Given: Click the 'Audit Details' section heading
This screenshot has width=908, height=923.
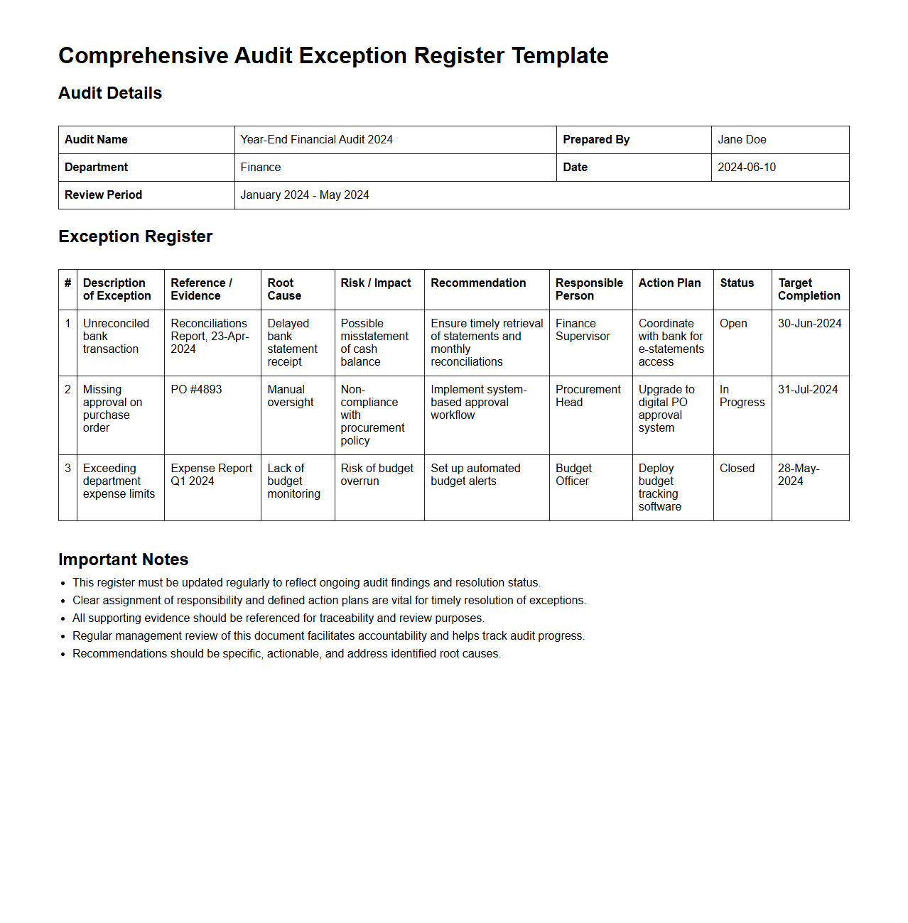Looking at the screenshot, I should click(x=110, y=93).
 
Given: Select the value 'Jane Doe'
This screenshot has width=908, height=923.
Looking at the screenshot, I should click(x=742, y=140).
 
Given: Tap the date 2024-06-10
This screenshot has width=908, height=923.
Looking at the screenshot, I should click(x=747, y=168).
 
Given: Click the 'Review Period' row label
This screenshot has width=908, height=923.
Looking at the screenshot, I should click(x=103, y=195).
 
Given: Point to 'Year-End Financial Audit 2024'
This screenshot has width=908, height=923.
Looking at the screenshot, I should click(x=316, y=140).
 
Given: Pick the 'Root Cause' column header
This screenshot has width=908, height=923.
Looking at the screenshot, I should click(x=284, y=290).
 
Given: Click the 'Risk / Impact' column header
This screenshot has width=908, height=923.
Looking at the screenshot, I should click(x=376, y=283).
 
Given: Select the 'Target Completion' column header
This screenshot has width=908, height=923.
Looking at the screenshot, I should click(x=809, y=290).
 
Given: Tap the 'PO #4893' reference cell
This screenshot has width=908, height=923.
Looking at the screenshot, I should click(x=196, y=390).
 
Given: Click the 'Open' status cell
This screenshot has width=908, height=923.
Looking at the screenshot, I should click(x=733, y=324).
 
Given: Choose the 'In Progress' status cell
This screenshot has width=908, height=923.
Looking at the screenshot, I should click(x=742, y=396).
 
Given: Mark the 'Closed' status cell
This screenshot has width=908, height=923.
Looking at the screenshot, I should click(x=737, y=469).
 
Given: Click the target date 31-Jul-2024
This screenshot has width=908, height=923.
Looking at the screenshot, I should click(x=808, y=390).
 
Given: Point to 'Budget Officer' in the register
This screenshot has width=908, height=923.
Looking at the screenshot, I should click(x=573, y=475).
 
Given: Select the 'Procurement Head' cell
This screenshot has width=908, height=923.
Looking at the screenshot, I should click(x=588, y=396).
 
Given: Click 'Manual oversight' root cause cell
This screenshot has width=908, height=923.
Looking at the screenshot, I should click(x=290, y=396).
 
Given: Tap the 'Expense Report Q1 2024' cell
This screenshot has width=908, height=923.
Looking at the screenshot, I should click(x=211, y=475).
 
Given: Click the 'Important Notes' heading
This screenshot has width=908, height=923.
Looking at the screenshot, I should click(x=123, y=559).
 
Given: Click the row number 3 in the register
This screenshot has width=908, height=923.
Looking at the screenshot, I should click(x=67, y=469).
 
